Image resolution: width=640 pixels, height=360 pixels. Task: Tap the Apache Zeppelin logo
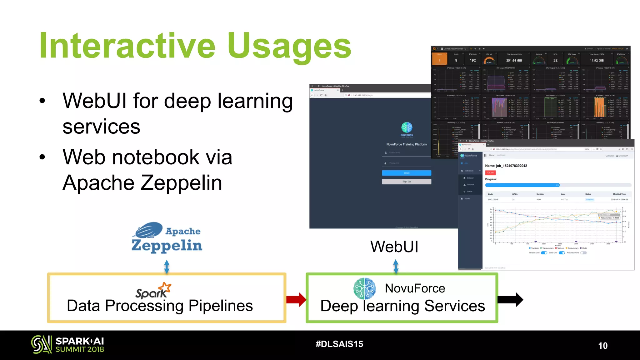click(x=167, y=237)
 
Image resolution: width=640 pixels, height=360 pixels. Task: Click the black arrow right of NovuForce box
click(x=510, y=299)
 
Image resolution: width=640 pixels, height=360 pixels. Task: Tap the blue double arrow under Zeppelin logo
click(x=167, y=267)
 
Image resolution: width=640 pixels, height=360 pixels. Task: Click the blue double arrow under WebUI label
click(x=396, y=267)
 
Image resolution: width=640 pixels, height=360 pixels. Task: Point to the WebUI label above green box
click(x=394, y=247)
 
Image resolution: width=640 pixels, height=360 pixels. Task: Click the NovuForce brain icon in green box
click(x=364, y=288)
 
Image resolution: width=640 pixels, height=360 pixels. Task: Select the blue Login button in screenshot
click(x=406, y=173)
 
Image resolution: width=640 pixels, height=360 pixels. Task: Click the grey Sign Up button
click(x=406, y=182)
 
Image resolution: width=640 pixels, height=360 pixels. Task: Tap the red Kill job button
click(x=490, y=172)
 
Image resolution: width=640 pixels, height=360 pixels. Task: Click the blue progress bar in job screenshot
click(x=522, y=185)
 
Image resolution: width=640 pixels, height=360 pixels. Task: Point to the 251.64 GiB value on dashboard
click(x=514, y=61)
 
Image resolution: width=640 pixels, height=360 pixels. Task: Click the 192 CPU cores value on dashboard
click(x=472, y=61)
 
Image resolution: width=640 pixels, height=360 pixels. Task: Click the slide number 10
click(x=602, y=346)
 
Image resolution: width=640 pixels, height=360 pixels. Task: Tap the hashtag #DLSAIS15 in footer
click(x=339, y=344)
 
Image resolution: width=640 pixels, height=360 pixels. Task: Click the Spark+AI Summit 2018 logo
click(x=67, y=345)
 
